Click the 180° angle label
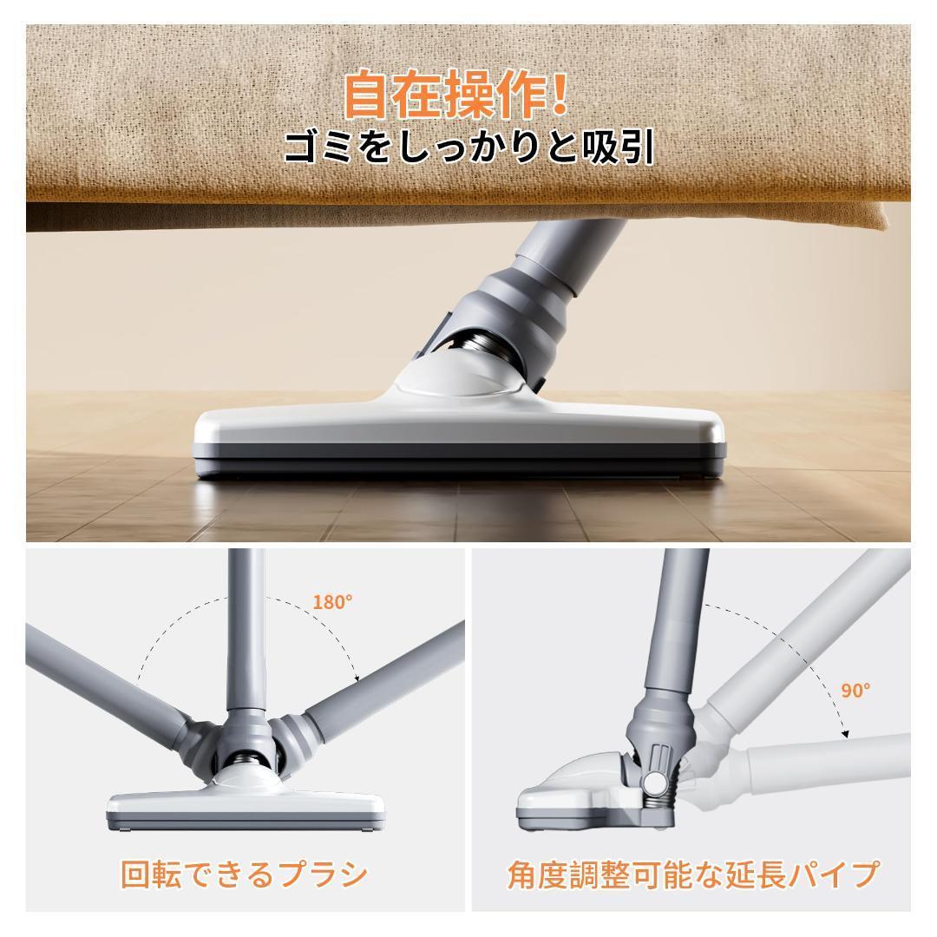332,602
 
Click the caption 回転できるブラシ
244,874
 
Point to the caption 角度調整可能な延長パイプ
691,874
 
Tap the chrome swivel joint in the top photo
482,347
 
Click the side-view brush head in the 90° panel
573,794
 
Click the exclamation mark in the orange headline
559,95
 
